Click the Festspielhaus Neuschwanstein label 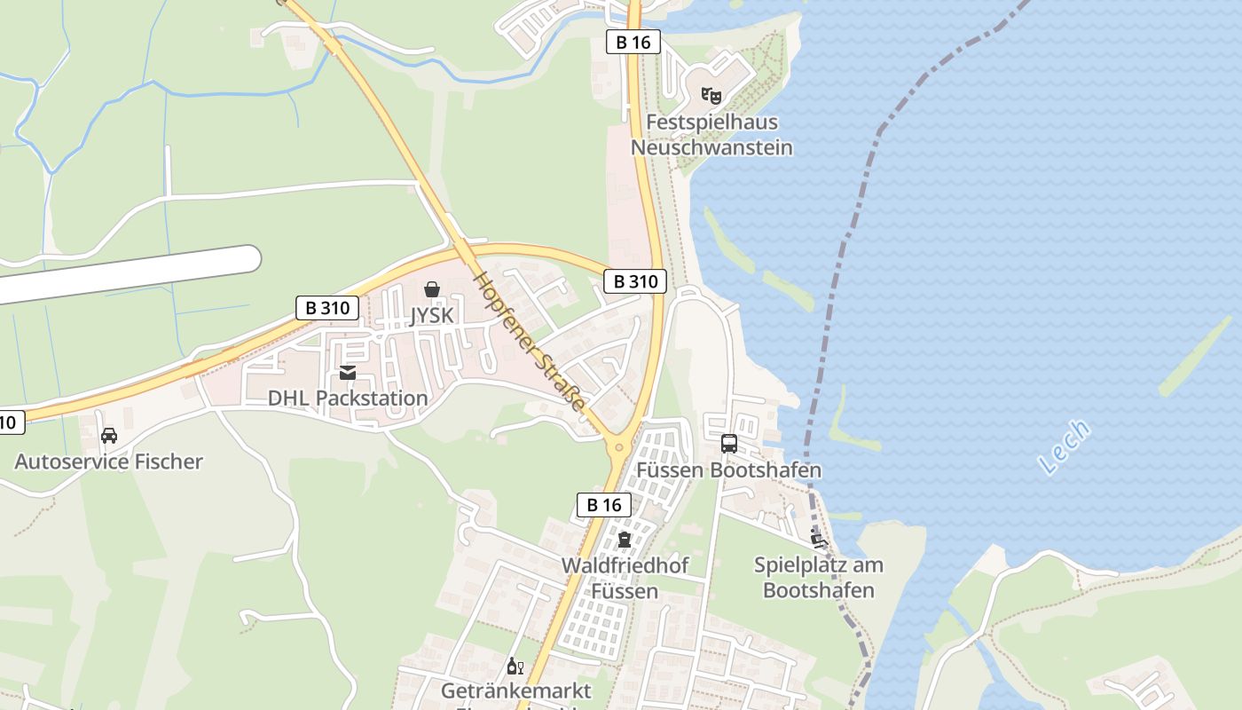pos(711,135)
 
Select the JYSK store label pos(432,315)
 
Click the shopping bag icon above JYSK pos(432,289)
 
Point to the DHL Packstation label pos(348,398)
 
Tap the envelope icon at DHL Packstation pos(348,373)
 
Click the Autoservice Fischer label pos(108,461)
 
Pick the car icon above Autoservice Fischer pos(109,436)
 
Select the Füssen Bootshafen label pos(728,470)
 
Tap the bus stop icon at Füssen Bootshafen pos(729,444)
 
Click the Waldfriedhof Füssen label pos(625,578)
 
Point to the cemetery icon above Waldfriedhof pos(625,539)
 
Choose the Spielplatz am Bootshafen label pos(819,577)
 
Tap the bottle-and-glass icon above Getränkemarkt pos(515,666)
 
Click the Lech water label pos(1064,446)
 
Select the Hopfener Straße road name pos(531,342)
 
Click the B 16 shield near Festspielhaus pos(633,41)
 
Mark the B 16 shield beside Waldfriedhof pos(604,505)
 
